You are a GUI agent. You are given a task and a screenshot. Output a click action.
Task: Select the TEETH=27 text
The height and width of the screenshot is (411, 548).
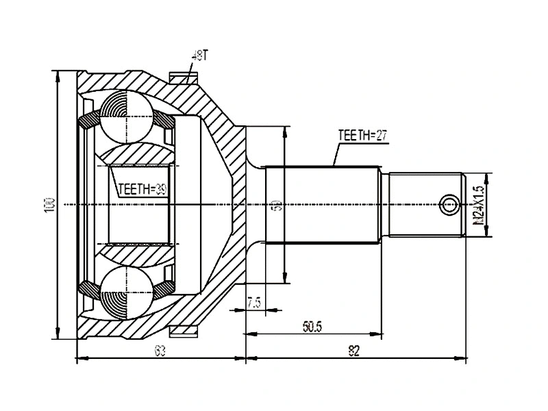point(363,136)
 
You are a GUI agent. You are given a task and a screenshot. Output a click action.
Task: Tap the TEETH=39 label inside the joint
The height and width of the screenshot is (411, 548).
point(141,189)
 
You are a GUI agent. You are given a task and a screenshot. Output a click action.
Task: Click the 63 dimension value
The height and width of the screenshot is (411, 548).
point(160,351)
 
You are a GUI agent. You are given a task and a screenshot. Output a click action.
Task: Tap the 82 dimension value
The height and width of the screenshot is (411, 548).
point(353,351)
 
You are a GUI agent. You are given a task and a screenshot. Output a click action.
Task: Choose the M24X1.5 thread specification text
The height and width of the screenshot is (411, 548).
point(478,205)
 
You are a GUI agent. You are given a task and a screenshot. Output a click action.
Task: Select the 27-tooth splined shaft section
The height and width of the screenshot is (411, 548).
point(322,205)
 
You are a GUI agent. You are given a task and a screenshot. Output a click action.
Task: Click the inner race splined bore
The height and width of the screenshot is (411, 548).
point(140,205)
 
